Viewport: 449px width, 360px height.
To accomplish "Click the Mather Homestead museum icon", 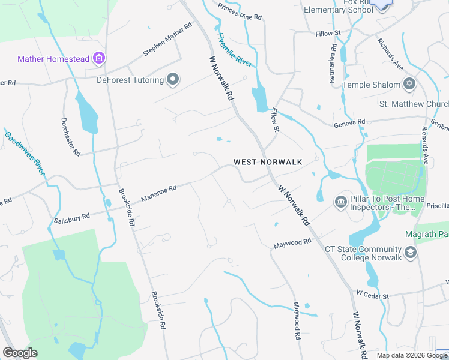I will [x=100, y=59].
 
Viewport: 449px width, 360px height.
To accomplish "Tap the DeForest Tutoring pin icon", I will [x=173, y=80].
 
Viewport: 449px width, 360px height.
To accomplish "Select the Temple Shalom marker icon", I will [x=410, y=85].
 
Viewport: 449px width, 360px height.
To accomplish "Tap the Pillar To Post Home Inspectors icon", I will [x=341, y=202].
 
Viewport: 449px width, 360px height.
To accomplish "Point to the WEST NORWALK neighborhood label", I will [x=267, y=162].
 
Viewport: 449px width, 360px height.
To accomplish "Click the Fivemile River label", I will [x=235, y=49].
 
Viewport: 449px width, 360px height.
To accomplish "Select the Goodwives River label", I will [x=25, y=153].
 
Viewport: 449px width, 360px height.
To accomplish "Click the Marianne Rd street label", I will [x=158, y=193].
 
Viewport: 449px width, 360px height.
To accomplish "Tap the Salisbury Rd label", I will [x=71, y=217].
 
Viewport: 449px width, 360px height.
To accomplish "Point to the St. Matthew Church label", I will [x=414, y=104].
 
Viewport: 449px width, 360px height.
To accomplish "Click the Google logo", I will [x=20, y=353].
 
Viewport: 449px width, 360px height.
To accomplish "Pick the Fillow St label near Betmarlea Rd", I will [x=328, y=32].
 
